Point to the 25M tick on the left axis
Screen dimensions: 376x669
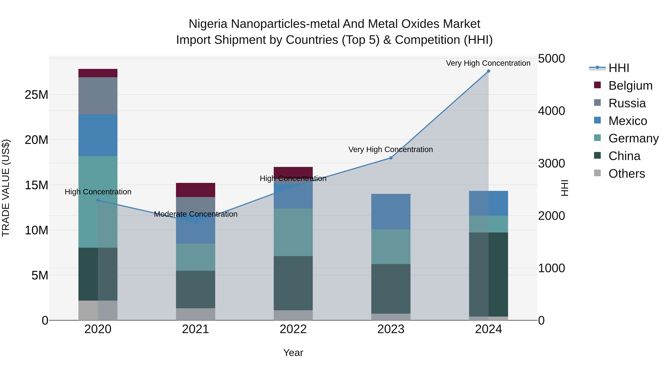36,95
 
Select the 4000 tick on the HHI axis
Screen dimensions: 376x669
551,111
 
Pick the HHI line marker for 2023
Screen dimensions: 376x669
391,158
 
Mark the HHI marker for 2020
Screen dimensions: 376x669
98,200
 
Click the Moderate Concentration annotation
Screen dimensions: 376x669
195,214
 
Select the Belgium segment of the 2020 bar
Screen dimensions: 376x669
98,73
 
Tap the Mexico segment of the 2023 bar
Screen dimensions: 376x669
391,211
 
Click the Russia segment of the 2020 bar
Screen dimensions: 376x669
98,96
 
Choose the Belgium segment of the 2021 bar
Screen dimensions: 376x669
195,190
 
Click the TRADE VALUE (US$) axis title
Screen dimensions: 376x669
6,188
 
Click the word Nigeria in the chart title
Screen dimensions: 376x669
208,24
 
